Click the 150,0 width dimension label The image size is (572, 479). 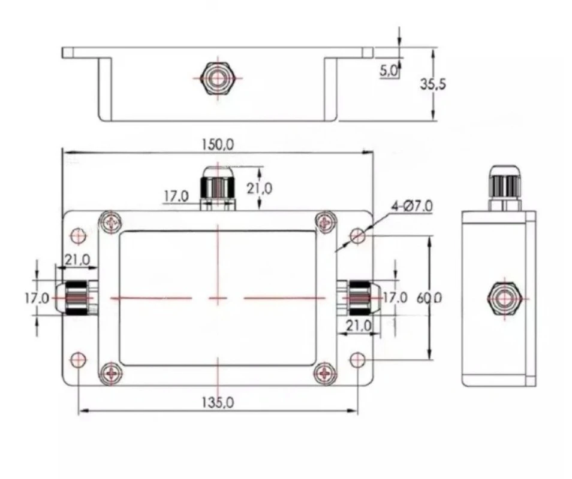[218, 145]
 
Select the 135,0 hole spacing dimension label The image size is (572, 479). [218, 402]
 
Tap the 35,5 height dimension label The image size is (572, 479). [433, 84]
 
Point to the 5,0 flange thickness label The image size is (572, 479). [389, 71]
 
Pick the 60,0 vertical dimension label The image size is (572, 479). [429, 298]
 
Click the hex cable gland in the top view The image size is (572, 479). [218, 78]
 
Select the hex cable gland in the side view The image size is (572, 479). [505, 299]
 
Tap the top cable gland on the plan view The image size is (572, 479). [218, 189]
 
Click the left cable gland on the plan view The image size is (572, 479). [77, 298]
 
